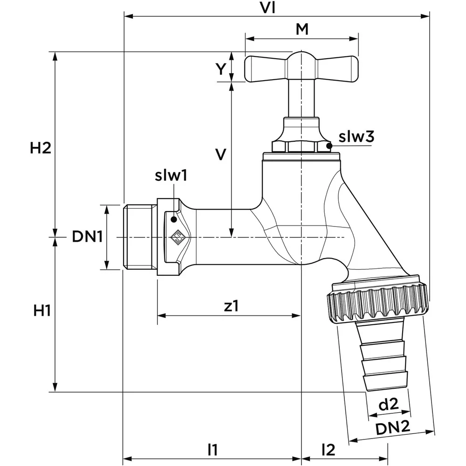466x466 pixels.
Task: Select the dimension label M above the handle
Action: (x=302, y=29)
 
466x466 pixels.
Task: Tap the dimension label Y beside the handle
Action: (x=221, y=69)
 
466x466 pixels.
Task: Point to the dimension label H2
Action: (x=41, y=148)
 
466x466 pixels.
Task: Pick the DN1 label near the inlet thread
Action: (x=87, y=237)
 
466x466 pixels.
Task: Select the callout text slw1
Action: (x=171, y=176)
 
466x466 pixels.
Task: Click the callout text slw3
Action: (x=356, y=137)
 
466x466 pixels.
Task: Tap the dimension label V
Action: (x=221, y=154)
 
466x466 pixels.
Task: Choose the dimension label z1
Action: (x=231, y=306)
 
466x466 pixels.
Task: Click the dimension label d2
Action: (x=388, y=404)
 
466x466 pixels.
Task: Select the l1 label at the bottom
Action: (x=212, y=450)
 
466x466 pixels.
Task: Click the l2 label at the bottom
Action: (x=329, y=450)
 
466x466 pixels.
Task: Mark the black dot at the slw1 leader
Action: (x=174, y=219)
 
